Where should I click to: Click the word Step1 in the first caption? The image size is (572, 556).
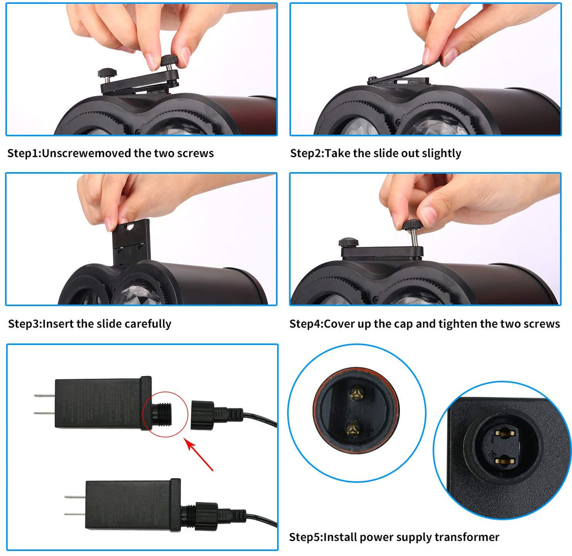pyautogui.click(x=23, y=154)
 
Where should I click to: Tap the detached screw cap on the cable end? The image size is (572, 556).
pyautogui.click(x=203, y=415)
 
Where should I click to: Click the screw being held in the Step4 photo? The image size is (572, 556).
pyautogui.click(x=413, y=234)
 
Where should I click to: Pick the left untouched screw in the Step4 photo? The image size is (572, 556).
pyautogui.click(x=349, y=243)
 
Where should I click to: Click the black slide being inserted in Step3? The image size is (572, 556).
pyautogui.click(x=131, y=243)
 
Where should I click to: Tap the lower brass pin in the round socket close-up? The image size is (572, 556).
pyautogui.click(x=353, y=428)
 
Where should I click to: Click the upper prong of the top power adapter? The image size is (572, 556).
pyautogui.click(x=44, y=396)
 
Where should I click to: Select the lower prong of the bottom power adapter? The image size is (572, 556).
pyautogui.click(x=75, y=515)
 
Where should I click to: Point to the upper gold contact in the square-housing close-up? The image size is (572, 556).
pyautogui.click(x=504, y=434)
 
